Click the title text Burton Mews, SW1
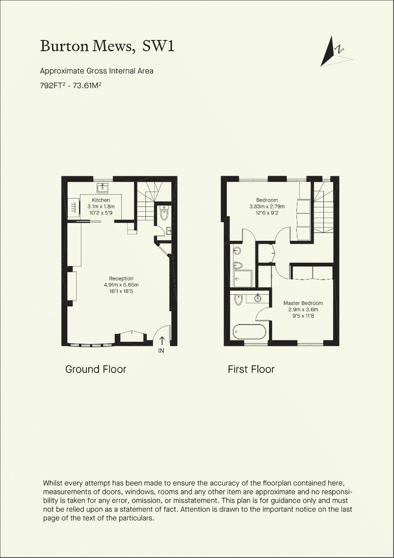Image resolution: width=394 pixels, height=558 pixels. (x=107, y=46)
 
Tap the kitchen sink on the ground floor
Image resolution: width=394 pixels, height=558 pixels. (x=103, y=188)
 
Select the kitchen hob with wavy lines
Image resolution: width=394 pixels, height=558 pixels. (x=73, y=207)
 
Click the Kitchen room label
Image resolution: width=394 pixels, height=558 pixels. (x=101, y=200)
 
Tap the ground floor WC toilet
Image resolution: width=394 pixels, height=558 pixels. (x=164, y=213)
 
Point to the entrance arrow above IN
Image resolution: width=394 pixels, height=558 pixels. (x=161, y=340)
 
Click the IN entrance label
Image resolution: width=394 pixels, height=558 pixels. (x=161, y=351)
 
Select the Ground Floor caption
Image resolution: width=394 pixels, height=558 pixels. (x=96, y=369)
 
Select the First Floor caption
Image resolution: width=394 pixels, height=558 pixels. (x=251, y=369)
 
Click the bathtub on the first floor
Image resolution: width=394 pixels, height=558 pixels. (x=250, y=332)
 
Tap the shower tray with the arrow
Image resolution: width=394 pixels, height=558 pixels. (x=242, y=279)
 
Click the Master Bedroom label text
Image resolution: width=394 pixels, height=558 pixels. (x=303, y=303)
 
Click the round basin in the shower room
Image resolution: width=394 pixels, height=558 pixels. (x=237, y=251)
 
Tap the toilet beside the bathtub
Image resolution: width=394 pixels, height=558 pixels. (x=238, y=300)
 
